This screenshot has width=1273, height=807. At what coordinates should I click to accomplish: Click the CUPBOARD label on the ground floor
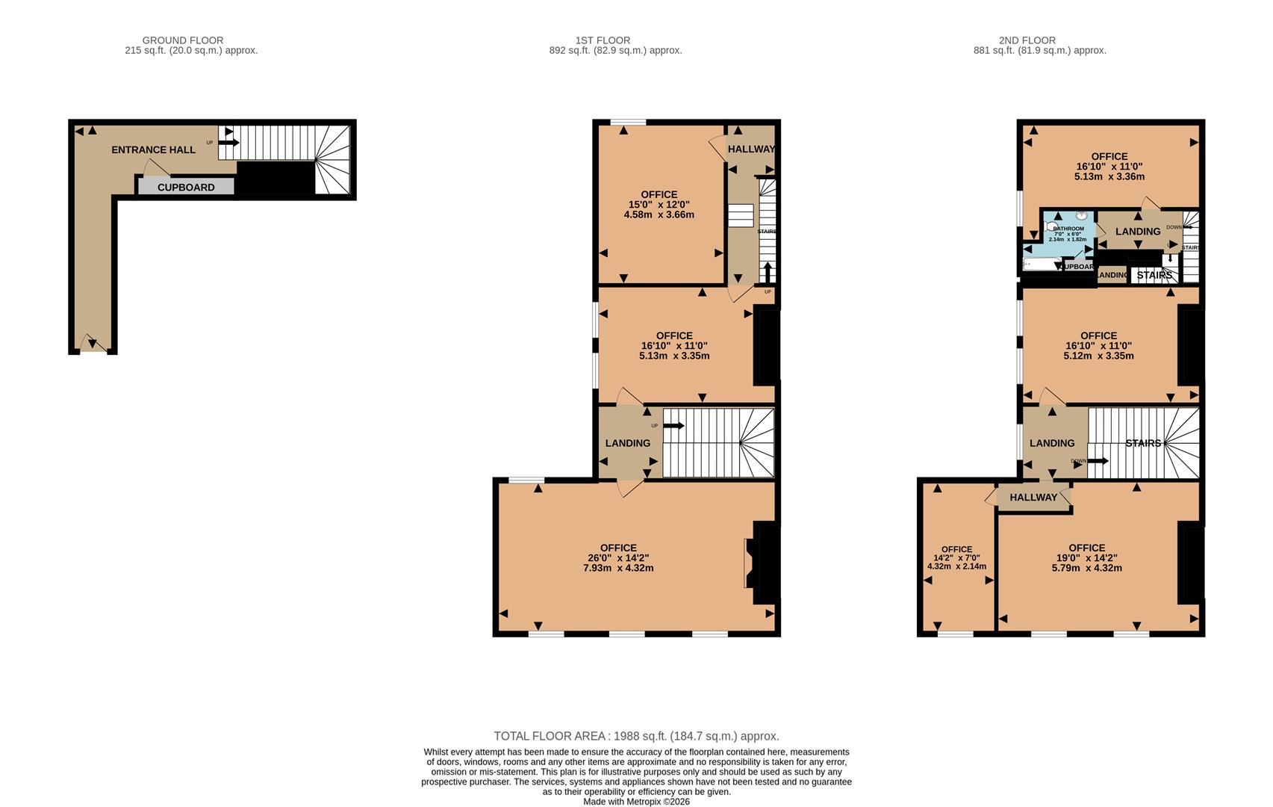[x=186, y=188]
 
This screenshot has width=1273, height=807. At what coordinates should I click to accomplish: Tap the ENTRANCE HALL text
[x=153, y=149]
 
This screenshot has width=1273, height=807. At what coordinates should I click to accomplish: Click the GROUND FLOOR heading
[x=183, y=40]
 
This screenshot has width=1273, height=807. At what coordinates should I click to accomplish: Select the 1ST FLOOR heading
[x=603, y=40]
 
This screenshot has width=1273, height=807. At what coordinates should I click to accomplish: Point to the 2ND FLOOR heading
[x=1027, y=40]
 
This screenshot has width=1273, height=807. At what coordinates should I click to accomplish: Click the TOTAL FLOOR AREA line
[x=636, y=736]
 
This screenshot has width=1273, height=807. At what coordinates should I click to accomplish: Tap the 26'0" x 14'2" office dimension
[x=618, y=557]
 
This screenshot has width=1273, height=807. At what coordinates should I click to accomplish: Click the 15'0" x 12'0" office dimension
[x=659, y=204]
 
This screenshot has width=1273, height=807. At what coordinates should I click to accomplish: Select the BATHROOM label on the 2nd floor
[x=1068, y=229]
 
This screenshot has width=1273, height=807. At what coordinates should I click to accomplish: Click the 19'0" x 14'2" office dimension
[x=1086, y=557]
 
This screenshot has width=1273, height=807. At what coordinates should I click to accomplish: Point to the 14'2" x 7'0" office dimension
[x=956, y=557]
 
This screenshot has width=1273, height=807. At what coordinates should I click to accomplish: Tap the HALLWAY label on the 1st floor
[x=751, y=149]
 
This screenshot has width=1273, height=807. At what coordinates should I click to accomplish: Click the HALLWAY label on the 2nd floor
[x=1033, y=498]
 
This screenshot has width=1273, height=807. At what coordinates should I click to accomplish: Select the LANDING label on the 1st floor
[x=627, y=443]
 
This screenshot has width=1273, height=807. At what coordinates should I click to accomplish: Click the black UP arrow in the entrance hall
[x=228, y=143]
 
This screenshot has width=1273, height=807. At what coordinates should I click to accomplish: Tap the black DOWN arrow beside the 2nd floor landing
[x=1098, y=461]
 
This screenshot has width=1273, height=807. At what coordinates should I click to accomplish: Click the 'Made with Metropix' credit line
[x=636, y=802]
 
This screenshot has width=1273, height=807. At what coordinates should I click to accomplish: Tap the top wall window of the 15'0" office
[x=628, y=122]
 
